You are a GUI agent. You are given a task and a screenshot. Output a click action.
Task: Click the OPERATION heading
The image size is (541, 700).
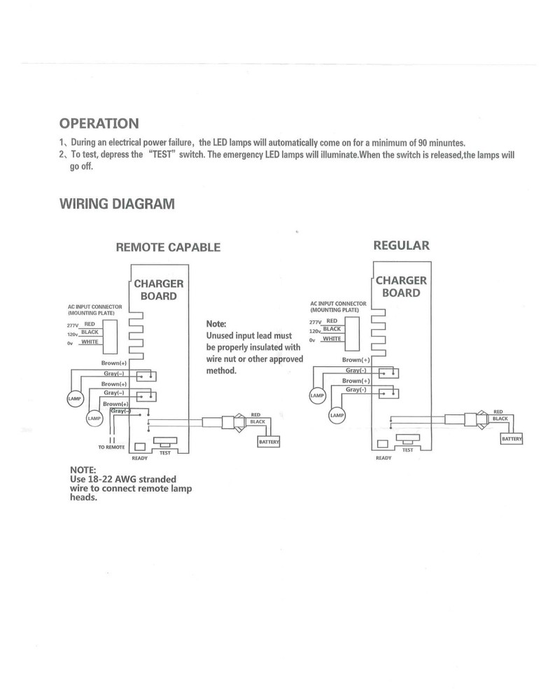click(x=99, y=124)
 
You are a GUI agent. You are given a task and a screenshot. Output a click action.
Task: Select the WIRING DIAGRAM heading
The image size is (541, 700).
click(x=117, y=204)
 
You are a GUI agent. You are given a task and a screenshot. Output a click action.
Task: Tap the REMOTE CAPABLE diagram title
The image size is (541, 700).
click(x=168, y=247)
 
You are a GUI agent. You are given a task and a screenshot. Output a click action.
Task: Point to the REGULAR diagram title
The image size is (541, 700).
click(x=402, y=246)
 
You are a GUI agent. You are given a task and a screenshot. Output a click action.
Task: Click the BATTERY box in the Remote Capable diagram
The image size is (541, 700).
click(x=269, y=442)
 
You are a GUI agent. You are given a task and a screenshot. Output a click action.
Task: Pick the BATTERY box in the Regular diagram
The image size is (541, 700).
click(x=512, y=439)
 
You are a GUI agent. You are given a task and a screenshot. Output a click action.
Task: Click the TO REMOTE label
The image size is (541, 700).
click(x=111, y=447)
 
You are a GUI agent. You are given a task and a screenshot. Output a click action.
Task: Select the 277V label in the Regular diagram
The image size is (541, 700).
click(x=316, y=322)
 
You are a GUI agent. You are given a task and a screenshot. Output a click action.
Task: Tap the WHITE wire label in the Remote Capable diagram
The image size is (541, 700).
click(x=90, y=342)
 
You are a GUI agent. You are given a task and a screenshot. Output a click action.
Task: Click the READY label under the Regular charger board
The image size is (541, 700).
click(x=383, y=458)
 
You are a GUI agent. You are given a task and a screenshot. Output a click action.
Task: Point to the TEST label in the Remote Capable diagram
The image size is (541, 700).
click(x=165, y=453)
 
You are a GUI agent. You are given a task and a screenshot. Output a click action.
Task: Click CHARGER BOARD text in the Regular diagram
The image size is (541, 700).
click(x=401, y=287)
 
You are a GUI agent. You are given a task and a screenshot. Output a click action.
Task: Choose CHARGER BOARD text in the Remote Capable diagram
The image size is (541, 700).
click(x=159, y=290)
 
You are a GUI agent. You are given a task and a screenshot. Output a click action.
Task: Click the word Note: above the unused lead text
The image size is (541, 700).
click(x=216, y=325)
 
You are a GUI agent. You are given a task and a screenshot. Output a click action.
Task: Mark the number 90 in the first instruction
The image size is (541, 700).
click(x=421, y=142)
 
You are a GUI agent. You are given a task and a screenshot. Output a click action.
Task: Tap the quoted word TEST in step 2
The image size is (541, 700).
click(x=162, y=155)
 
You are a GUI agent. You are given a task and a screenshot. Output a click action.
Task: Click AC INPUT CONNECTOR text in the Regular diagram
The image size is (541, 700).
click(x=338, y=304)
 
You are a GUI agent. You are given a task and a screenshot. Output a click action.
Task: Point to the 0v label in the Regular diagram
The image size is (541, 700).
click(x=313, y=339)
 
